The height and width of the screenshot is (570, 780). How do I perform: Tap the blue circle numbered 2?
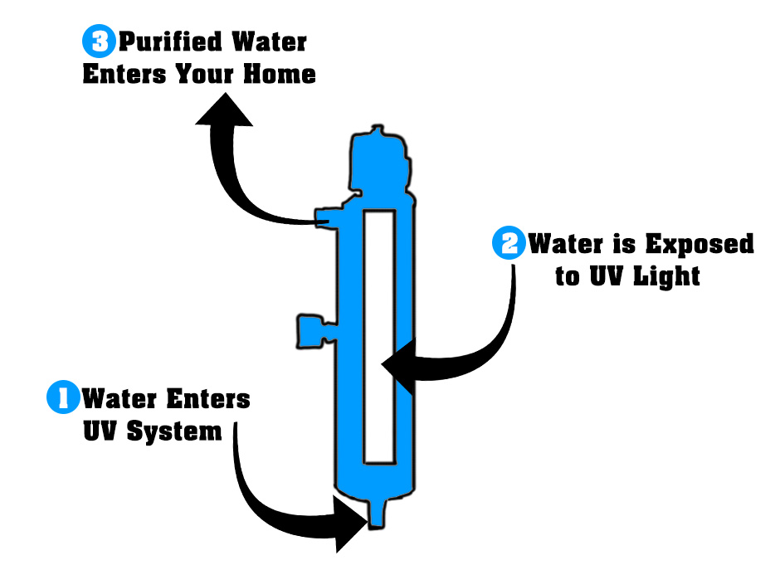pyautogui.click(x=509, y=244)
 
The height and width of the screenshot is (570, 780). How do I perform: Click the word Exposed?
pyautogui.click(x=699, y=244)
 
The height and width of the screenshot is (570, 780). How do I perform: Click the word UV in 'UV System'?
pyautogui.click(x=101, y=431)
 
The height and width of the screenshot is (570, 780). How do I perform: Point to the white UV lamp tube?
pyautogui.click(x=379, y=336)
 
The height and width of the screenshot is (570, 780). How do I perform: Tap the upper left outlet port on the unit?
pyautogui.click(x=325, y=217)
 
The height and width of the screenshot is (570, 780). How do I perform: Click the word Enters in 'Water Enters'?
pyautogui.click(x=209, y=398)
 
